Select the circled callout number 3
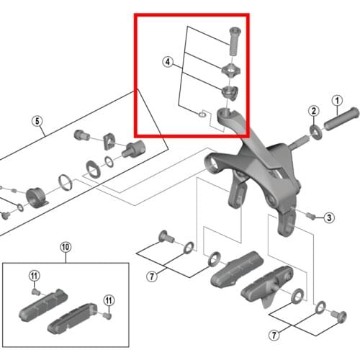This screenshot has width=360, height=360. [328, 217]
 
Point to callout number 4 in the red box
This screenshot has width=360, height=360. [168, 63]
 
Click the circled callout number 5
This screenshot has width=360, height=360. [37, 121]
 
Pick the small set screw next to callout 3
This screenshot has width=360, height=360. [310, 215]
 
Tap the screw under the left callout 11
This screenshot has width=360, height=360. [35, 292]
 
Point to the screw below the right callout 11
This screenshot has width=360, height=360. [107, 315]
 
